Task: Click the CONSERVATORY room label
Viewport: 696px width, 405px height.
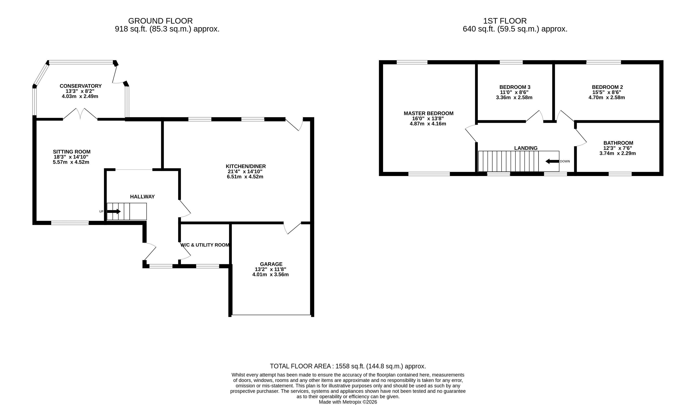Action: tap(81, 86)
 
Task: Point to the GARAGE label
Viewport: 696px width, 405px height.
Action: tap(271, 264)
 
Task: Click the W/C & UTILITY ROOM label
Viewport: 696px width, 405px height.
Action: tap(205, 245)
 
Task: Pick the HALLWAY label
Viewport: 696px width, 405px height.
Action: tap(142, 197)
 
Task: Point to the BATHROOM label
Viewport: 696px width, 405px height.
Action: tap(618, 143)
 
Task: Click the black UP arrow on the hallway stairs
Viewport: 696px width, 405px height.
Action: tap(114, 211)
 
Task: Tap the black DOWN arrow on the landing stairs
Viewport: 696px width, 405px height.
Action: tap(552, 161)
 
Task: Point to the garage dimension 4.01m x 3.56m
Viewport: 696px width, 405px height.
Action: tap(270, 275)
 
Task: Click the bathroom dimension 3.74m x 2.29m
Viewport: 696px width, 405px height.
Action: tap(618, 154)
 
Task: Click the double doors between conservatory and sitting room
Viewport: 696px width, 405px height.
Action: tap(80, 114)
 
